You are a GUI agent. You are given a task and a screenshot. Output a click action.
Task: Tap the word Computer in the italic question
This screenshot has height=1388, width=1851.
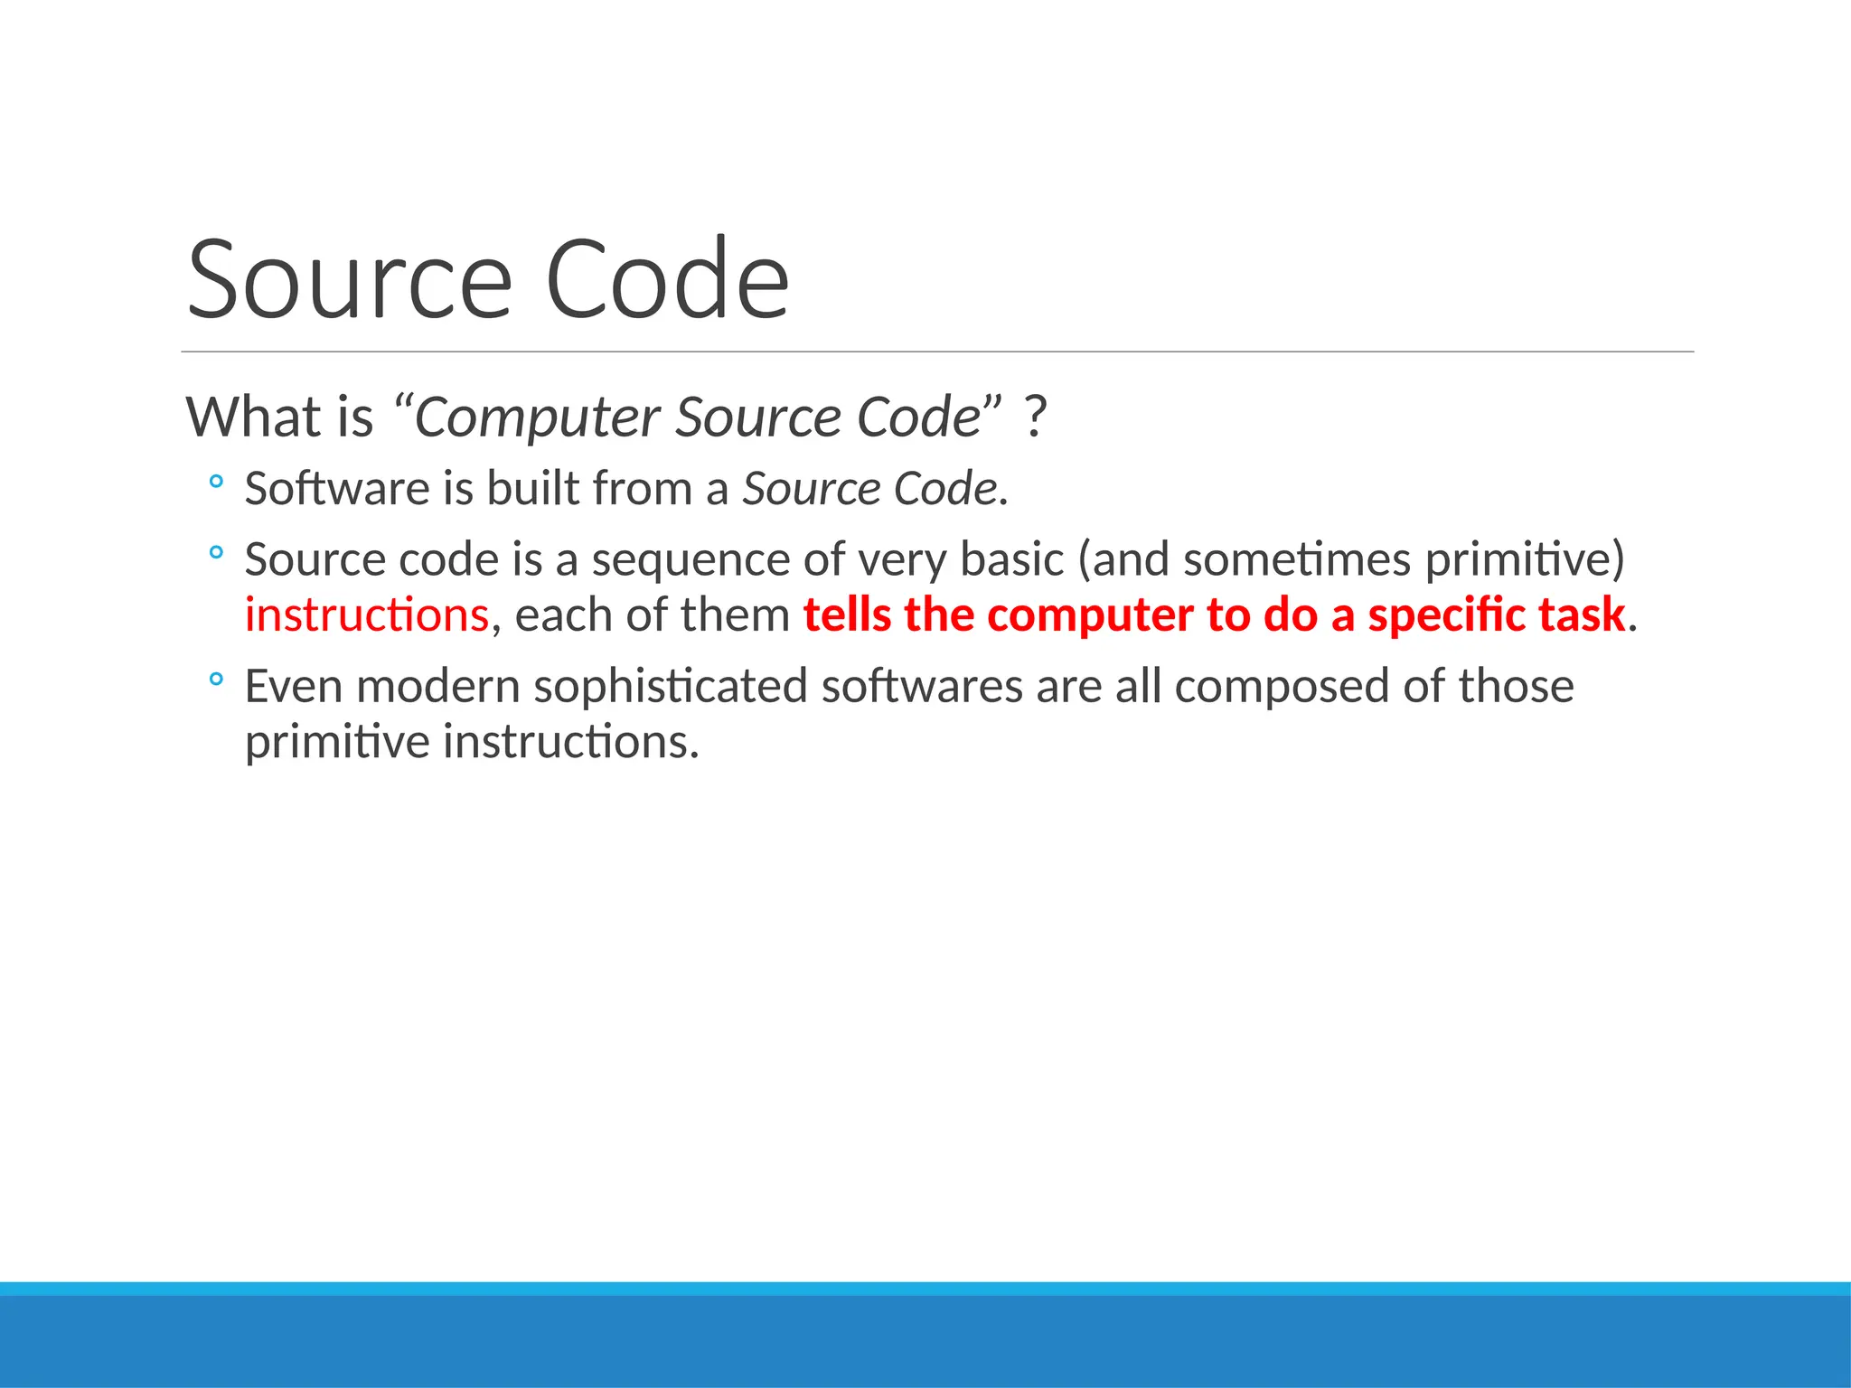(x=537, y=417)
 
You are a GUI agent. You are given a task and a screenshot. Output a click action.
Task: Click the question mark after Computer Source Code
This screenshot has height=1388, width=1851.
(x=1036, y=417)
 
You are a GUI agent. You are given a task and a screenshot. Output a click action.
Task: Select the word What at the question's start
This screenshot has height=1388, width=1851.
(x=254, y=417)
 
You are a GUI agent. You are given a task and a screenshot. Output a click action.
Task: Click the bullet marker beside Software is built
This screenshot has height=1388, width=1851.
(x=215, y=483)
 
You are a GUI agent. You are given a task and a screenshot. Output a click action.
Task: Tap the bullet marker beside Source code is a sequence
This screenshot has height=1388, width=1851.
(x=215, y=553)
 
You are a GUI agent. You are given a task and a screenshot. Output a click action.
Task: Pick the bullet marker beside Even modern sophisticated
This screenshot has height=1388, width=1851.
(x=215, y=680)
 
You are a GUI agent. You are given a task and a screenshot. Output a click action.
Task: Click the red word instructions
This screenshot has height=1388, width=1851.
(x=367, y=615)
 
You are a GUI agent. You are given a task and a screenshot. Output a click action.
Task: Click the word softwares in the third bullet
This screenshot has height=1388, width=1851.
(x=922, y=686)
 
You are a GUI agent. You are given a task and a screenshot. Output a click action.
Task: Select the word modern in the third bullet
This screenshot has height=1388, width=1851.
(x=438, y=686)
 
